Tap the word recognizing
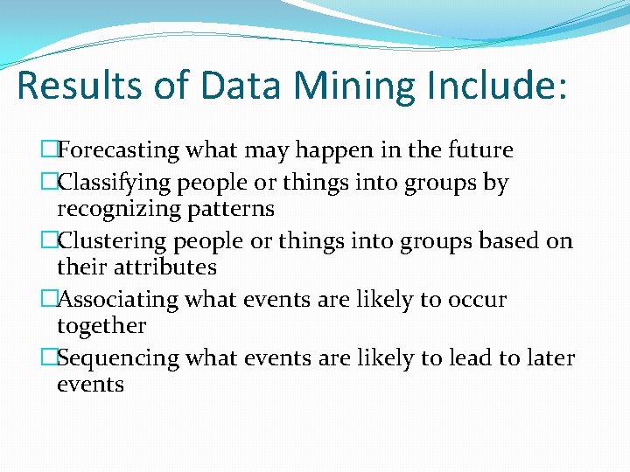coord(113,210)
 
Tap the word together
coord(101,326)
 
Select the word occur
coord(477,300)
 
